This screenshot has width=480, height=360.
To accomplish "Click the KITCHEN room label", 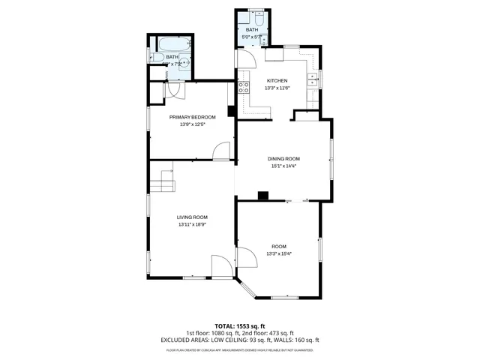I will (277, 80).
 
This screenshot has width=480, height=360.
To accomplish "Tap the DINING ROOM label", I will (283, 158).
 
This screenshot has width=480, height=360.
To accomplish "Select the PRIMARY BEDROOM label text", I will (192, 117).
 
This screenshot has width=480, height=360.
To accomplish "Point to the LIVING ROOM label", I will (192, 217).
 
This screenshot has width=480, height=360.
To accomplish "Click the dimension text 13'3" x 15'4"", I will (278, 254).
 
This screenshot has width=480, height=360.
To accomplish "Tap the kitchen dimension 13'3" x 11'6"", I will (277, 88).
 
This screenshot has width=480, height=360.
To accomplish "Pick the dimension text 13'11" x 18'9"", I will (192, 224).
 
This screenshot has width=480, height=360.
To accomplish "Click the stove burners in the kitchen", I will (244, 87).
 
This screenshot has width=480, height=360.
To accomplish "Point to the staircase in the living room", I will (162, 181).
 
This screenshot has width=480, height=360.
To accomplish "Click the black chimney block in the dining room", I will (262, 196).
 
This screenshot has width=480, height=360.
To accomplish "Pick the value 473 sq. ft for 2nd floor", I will (281, 333).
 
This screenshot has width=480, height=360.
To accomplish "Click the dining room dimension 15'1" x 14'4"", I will (283, 166).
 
